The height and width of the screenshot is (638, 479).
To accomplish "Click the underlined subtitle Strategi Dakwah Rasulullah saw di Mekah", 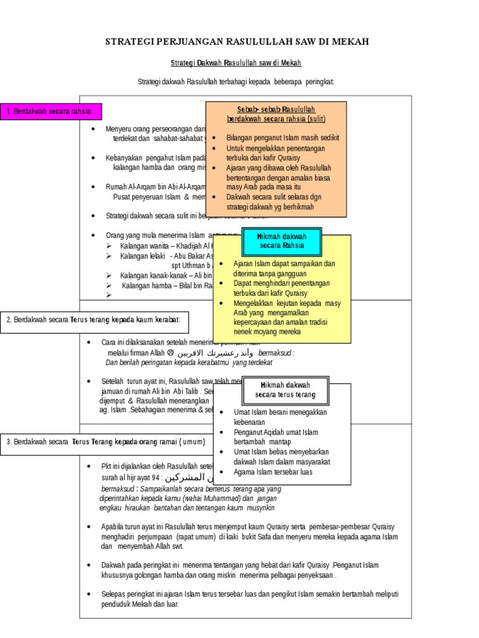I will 236,64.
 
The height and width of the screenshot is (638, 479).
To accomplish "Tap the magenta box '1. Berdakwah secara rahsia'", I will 50,112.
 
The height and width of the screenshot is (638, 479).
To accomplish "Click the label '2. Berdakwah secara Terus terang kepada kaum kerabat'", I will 94,320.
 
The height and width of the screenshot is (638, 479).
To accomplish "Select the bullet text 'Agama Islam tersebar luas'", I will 273,472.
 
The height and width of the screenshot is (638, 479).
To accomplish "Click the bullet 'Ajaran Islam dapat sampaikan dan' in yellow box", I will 284,263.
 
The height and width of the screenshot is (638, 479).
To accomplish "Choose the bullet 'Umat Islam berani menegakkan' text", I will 280,412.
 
